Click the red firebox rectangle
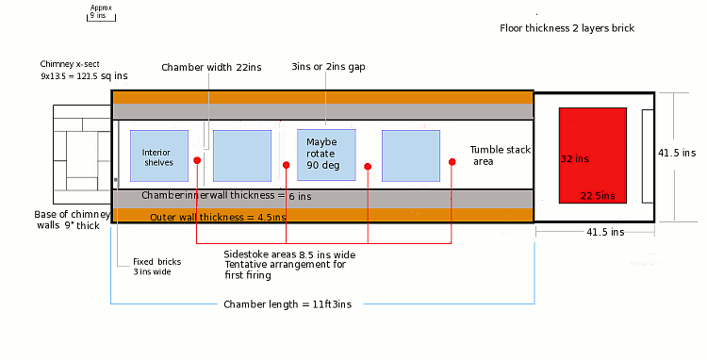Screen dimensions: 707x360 pyautogui.click(x=593, y=155)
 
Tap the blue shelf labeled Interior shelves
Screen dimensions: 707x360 pyautogui.click(x=159, y=155)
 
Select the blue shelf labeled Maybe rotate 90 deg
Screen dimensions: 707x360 pyautogui.click(x=326, y=155)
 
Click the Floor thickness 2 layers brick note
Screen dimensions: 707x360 pyautogui.click(x=567, y=28)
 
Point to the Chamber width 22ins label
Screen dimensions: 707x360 pyautogui.click(x=211, y=68)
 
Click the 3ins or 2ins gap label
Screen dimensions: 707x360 pyautogui.click(x=328, y=67)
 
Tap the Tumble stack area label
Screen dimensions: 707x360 pyautogui.click(x=500, y=155)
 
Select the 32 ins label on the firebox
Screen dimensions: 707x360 pyautogui.click(x=575, y=159)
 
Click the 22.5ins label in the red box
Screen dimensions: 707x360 pyautogui.click(x=598, y=196)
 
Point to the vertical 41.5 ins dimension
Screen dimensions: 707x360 pyautogui.click(x=677, y=154)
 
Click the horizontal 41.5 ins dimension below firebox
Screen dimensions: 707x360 pyautogui.click(x=605, y=232)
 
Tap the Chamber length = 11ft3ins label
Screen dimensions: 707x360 pyautogui.click(x=288, y=304)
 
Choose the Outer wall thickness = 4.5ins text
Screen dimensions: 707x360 pyautogui.click(x=218, y=217)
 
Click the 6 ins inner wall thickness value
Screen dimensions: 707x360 pyautogui.click(x=300, y=196)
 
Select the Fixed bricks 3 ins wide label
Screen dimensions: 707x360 pyautogui.click(x=156, y=267)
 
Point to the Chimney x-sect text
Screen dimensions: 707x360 pyautogui.click(x=70, y=64)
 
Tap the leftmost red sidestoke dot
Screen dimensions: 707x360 pyautogui.click(x=197, y=160)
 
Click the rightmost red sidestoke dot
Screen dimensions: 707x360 pyautogui.click(x=452, y=162)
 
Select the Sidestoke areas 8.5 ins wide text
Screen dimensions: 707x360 pyautogui.click(x=289, y=255)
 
